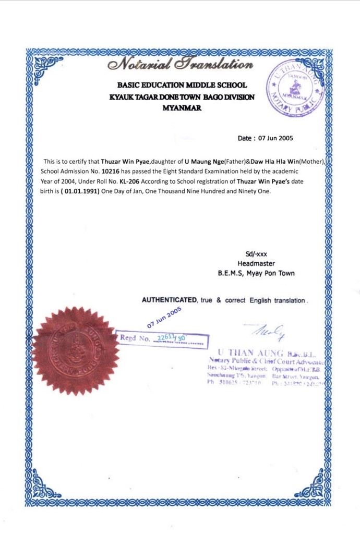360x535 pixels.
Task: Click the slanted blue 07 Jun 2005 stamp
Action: (163, 316)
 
